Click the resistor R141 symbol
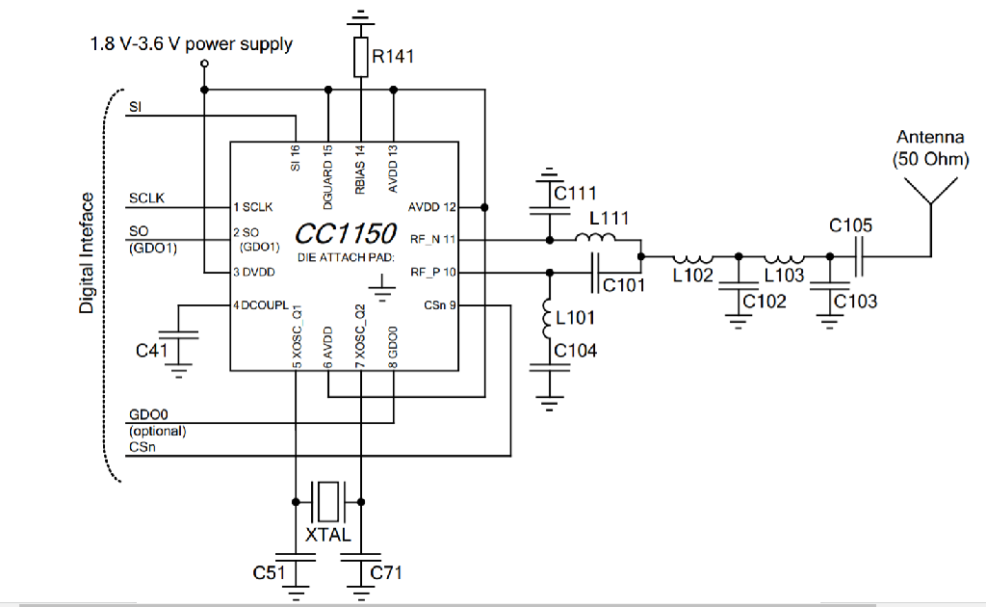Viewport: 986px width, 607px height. click(360, 57)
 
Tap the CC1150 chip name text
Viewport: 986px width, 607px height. click(346, 234)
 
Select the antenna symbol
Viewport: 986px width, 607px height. click(930, 193)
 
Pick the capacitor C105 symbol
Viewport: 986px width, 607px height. click(859, 256)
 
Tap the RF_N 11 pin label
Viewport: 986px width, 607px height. click(433, 239)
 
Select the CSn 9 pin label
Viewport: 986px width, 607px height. click(439, 305)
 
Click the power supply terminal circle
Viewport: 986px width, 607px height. click(204, 65)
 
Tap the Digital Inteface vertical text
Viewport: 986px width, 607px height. click(87, 252)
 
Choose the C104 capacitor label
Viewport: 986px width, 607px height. click(575, 351)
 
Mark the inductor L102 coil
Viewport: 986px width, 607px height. click(691, 257)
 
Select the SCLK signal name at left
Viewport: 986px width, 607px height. click(146, 198)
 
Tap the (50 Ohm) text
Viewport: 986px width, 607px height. click(930, 159)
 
